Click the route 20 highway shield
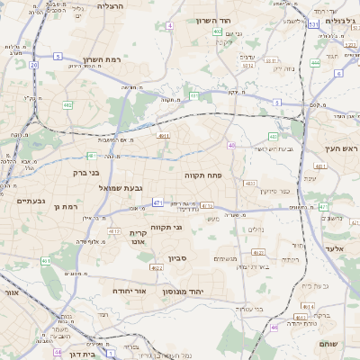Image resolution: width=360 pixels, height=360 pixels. [x=33, y=65]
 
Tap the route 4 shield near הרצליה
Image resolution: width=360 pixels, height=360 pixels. [x=169, y=25]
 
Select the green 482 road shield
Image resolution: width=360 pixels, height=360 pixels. [x=67, y=105]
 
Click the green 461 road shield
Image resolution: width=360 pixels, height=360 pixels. [x=46, y=261]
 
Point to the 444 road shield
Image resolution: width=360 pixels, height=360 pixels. [x=315, y=63]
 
